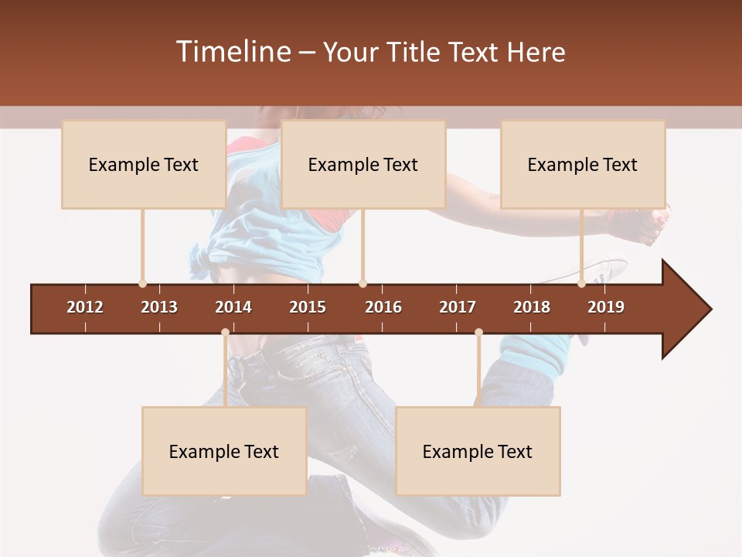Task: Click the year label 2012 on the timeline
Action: coord(85,307)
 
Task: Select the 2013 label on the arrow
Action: coord(159,307)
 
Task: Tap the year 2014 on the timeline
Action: coord(233,307)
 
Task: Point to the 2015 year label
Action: coord(308,307)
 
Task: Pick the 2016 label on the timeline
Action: coord(383,307)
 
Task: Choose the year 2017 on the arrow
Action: coord(458,307)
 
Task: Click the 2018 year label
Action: coord(532,307)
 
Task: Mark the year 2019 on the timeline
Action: coord(606,307)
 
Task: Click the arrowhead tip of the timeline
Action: coord(710,309)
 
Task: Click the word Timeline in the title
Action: coord(233,52)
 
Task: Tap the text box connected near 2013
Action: coord(144,164)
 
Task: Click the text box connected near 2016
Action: coord(363,164)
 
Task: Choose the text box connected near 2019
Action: coord(583,164)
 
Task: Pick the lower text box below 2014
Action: coord(224,451)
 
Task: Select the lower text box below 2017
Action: coord(478,451)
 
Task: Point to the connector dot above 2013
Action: coord(142,283)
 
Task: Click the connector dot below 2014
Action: coord(225,333)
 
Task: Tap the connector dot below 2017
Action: coord(478,333)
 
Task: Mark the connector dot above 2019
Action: coord(581,283)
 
